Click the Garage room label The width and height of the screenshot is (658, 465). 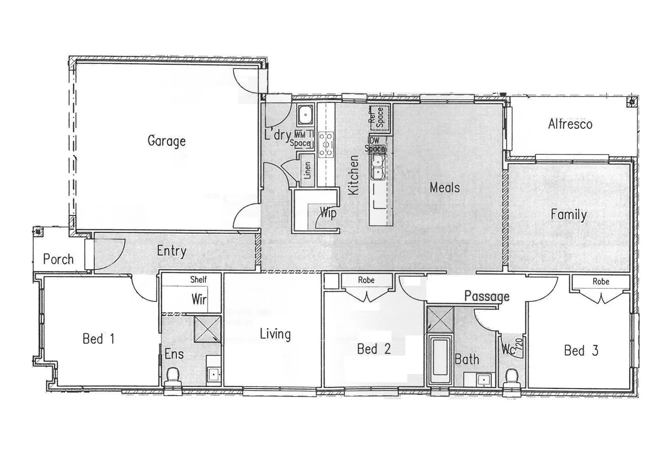[166, 141]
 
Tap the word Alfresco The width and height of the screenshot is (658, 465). [570, 124]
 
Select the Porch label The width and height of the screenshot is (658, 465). [58, 259]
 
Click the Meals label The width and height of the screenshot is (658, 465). [444, 187]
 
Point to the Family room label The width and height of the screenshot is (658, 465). [568, 214]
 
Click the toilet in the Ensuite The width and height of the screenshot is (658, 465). [173, 375]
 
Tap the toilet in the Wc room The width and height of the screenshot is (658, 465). [512, 375]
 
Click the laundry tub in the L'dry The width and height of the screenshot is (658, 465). [305, 115]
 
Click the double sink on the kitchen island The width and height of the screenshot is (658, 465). [378, 167]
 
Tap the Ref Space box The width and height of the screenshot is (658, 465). [379, 116]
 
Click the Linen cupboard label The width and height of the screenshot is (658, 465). [307, 170]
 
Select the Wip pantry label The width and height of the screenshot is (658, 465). [328, 213]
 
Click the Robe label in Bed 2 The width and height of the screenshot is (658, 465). [366, 280]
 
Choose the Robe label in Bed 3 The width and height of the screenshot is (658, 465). [601, 282]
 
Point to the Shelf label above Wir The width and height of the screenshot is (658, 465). [199, 279]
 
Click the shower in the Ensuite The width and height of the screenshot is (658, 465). [207, 329]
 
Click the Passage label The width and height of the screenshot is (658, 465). [487, 296]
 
